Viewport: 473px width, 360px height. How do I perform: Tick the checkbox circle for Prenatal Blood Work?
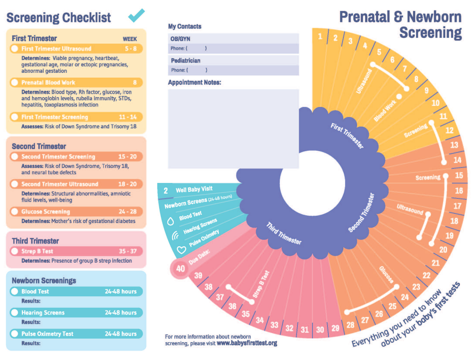tap(15, 83)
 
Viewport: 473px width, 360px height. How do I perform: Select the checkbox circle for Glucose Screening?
tap(15, 212)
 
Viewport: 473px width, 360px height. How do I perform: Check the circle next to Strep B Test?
tap(15, 251)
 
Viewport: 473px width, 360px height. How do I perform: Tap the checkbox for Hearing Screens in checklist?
tap(15, 313)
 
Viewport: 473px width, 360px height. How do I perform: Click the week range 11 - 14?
tap(128, 117)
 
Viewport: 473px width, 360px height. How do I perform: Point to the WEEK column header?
tap(130, 39)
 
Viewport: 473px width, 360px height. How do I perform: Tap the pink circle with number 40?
tap(181, 269)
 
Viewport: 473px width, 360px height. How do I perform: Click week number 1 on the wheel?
tap(320, 36)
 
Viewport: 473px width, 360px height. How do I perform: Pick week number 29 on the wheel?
tap(336, 328)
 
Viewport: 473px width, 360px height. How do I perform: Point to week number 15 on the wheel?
tap(459, 175)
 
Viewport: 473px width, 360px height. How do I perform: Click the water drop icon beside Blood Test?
tap(171, 221)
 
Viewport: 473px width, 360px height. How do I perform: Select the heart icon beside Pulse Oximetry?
tap(181, 250)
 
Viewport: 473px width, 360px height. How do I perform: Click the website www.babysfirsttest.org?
tap(247, 343)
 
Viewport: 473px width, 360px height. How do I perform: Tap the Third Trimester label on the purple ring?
tap(284, 233)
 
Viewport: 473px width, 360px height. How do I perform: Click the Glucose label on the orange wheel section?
tap(387, 274)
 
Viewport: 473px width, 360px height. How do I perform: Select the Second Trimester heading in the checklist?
tap(39, 146)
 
